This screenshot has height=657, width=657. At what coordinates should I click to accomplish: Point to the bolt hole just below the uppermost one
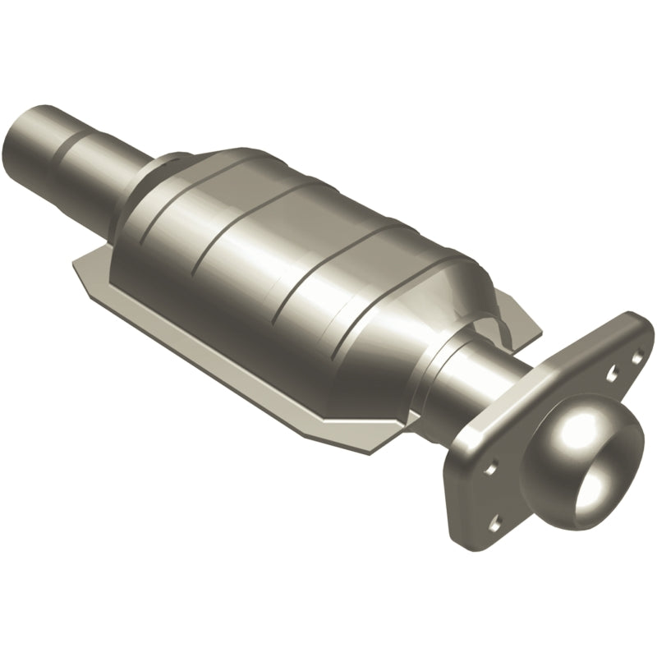[612, 375]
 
